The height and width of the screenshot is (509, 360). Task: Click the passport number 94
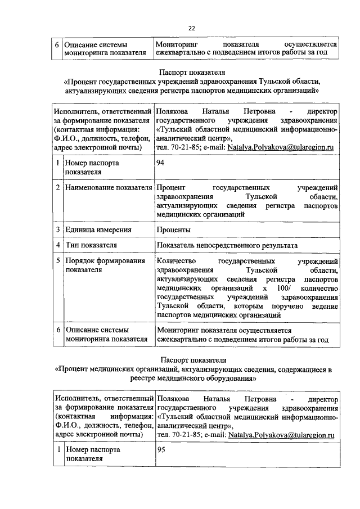point(162,163)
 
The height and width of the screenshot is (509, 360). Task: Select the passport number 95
point(162,450)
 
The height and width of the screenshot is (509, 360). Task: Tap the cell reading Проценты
point(174,229)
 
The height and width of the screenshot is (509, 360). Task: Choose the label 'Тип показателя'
point(91,245)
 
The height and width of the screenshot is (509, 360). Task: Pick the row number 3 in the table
point(58,229)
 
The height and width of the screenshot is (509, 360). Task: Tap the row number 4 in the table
point(58,245)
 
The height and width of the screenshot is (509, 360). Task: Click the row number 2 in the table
point(58,187)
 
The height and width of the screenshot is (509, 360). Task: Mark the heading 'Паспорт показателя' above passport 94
point(192,73)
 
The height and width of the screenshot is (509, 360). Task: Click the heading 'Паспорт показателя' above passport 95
point(192,360)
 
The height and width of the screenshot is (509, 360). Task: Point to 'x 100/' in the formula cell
point(276,287)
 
